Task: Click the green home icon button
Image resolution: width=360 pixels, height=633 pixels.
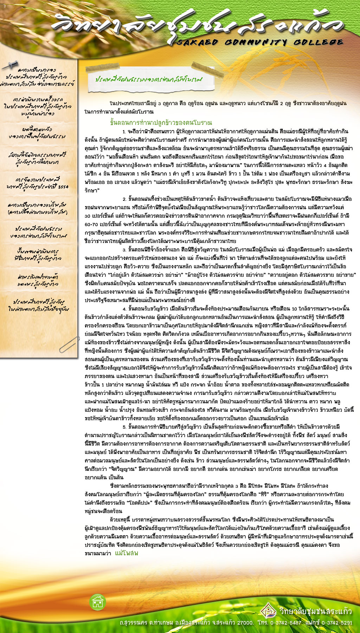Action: [x=98, y=602]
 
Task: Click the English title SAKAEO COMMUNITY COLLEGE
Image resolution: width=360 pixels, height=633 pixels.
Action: [x=260, y=43]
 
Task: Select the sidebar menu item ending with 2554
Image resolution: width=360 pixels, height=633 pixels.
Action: [x=39, y=183]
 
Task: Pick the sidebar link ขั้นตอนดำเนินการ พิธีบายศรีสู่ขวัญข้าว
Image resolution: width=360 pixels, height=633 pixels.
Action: [x=39, y=255]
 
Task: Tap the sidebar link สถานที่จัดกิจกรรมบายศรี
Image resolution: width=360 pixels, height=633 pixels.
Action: [x=38, y=158]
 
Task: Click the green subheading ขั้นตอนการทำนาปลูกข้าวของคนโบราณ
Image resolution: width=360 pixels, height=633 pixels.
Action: [x=161, y=123]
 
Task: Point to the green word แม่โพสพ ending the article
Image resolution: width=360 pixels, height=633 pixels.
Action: [x=127, y=553]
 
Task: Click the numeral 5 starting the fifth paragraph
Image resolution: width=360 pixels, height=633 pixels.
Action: [x=124, y=427]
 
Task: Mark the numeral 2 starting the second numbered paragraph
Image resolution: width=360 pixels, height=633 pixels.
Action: [x=124, y=199]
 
